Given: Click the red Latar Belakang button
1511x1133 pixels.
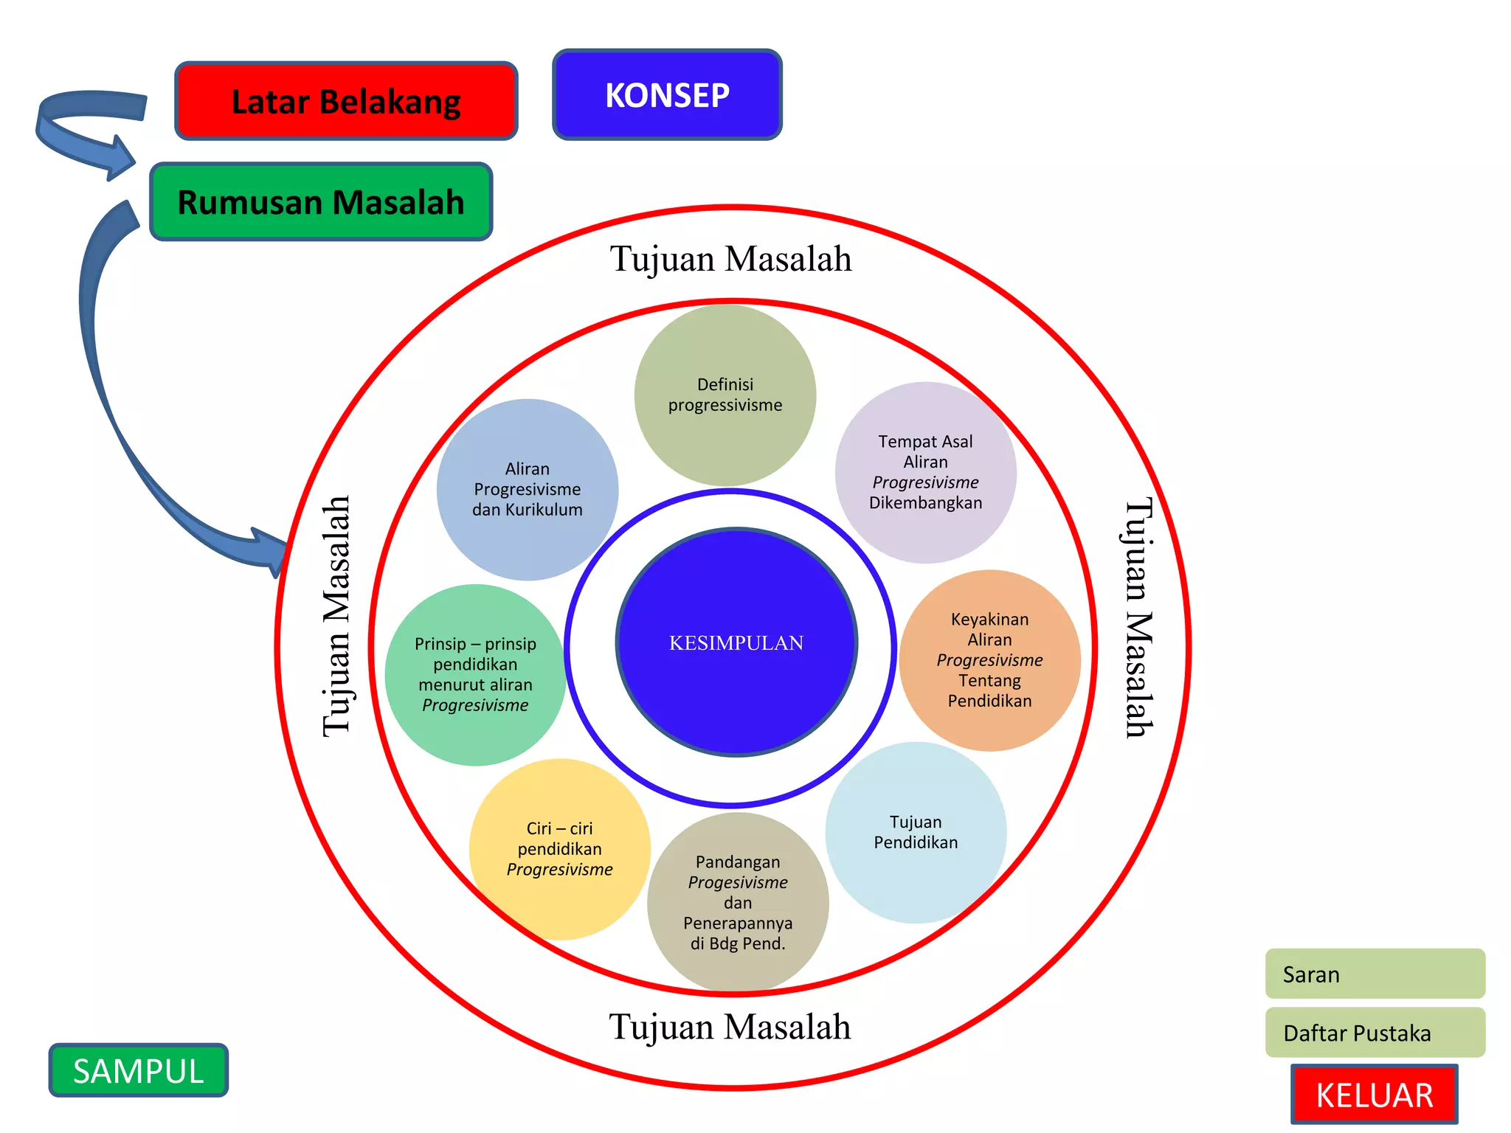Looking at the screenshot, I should pos(346,101).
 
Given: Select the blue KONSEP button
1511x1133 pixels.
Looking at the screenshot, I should pos(667,95).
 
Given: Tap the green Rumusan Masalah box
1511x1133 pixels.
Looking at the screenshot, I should pos(321,202).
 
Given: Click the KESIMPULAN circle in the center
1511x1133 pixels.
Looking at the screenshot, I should pos(736,642).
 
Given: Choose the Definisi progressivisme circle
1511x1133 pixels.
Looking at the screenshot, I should pos(725,395).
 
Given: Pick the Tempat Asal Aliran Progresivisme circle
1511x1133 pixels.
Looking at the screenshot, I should pos(925,472).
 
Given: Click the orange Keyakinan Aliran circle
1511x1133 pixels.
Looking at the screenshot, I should pos(989,660).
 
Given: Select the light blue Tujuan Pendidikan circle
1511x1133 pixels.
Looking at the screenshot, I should pos(916,832).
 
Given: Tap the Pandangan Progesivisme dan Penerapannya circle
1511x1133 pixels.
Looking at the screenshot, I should pos(738,902).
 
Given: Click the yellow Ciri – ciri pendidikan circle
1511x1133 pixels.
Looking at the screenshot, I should pos(559,849).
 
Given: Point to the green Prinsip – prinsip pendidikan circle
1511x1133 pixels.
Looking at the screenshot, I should pos(475,675).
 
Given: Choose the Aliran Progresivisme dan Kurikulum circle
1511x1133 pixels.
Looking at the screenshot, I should pos(527,489).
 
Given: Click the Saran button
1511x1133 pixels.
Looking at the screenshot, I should pos(1375,974).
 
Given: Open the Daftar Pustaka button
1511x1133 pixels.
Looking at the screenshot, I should pos(1375,1033).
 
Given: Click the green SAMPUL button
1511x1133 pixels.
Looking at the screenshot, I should pos(139,1070).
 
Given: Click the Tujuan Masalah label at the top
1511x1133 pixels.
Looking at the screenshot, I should pos(730,259).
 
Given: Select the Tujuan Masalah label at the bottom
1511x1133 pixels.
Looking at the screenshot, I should pos(730,1027).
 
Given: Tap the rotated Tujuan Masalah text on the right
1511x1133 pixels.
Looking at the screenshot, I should pos(1138,618).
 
